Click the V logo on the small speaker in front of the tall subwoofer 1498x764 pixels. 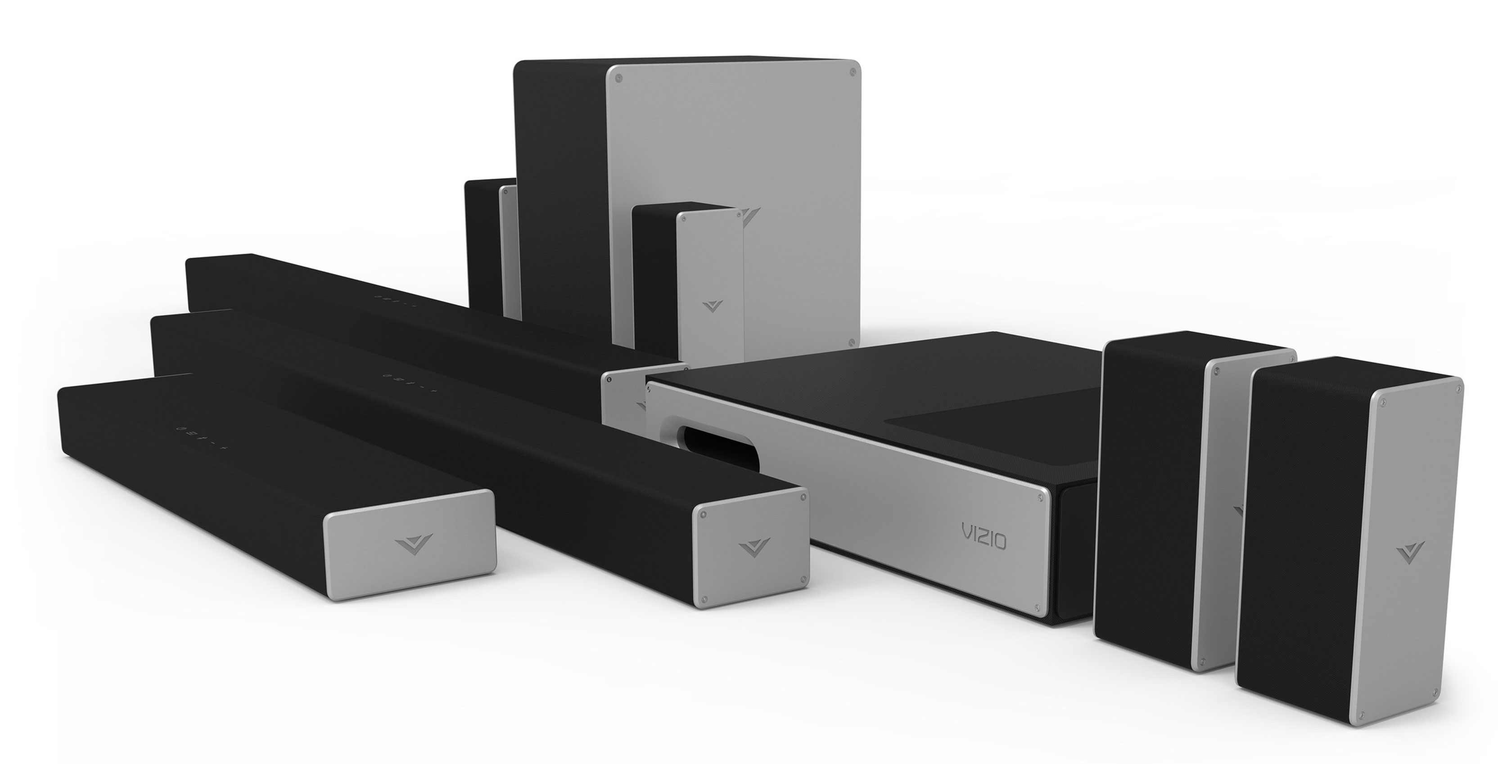712,306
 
